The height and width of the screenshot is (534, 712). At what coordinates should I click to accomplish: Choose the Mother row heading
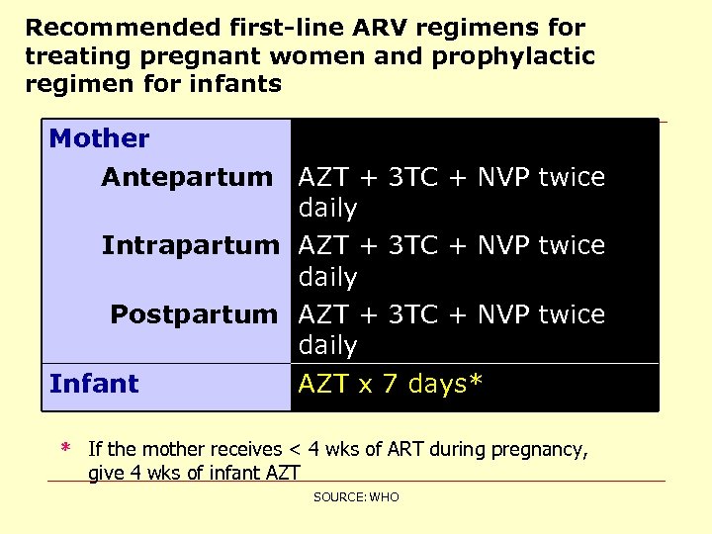tap(99, 139)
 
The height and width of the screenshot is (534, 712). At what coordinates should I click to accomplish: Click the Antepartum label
tap(186, 178)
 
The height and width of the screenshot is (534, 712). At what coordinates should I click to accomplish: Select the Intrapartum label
tap(190, 245)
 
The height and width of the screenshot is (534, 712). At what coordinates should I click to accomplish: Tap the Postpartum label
tap(194, 314)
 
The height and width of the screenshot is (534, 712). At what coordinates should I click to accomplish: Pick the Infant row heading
tap(94, 384)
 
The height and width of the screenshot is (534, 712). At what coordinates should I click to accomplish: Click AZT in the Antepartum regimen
tap(322, 178)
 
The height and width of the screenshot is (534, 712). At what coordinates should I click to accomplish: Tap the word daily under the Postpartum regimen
tap(327, 346)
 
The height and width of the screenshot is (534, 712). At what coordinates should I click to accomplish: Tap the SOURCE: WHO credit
tap(356, 496)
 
